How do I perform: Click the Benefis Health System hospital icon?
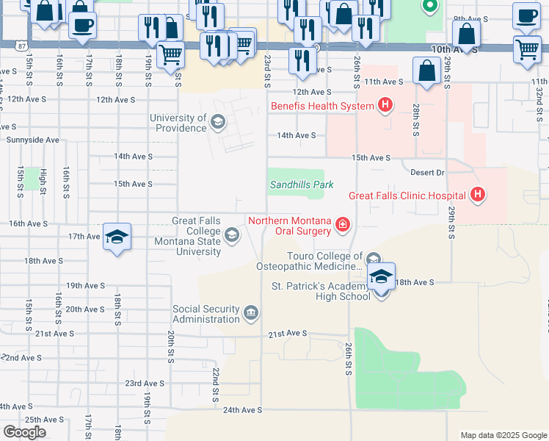click(x=384, y=106)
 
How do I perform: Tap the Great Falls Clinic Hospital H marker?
click(x=478, y=195)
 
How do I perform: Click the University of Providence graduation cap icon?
click(x=217, y=122)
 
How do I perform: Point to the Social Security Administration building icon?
click(x=250, y=315)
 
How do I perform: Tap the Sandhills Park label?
click(x=302, y=185)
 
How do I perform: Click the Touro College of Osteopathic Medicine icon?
click(x=373, y=259)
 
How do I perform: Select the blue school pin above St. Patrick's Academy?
click(x=381, y=278)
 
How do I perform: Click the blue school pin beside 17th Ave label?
click(x=117, y=237)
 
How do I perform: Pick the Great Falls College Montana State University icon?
click(x=232, y=235)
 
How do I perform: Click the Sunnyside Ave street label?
click(x=32, y=139)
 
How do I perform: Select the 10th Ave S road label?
click(x=455, y=51)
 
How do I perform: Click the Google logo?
click(x=24, y=431)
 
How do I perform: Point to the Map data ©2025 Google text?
click(x=503, y=435)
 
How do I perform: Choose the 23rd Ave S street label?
click(x=144, y=384)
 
